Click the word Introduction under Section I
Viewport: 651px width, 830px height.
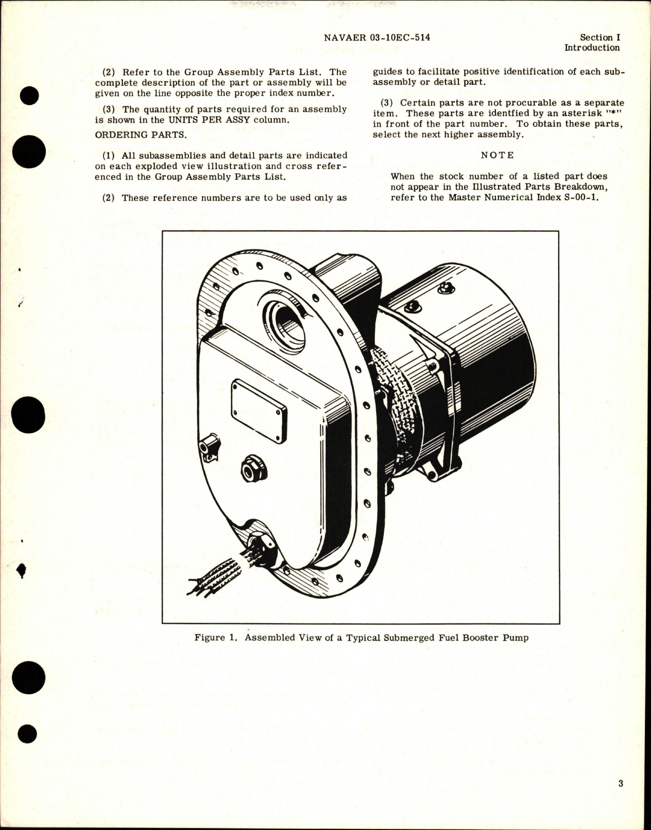point(591,48)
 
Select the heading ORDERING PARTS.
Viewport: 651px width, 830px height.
point(133,135)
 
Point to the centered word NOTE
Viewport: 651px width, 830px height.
point(497,155)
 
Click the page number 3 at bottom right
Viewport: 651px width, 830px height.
point(620,784)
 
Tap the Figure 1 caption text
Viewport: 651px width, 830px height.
point(361,638)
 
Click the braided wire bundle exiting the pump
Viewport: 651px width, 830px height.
point(217,576)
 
